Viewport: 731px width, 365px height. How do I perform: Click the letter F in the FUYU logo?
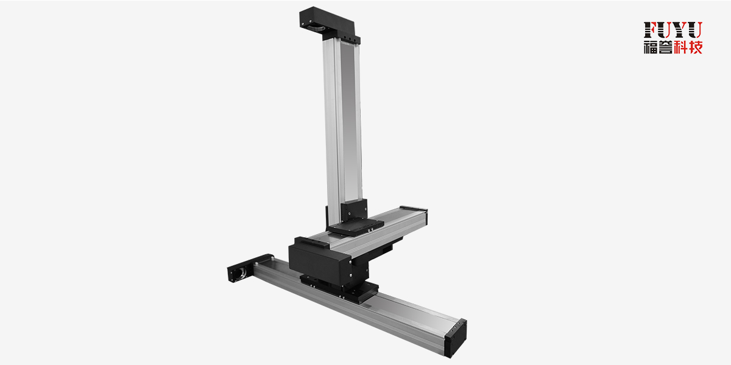pyautogui.click(x=650, y=30)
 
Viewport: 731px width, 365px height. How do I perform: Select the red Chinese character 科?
pyautogui.click(x=681, y=47)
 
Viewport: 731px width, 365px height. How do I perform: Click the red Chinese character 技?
pyautogui.click(x=696, y=47)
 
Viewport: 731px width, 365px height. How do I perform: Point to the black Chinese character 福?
pyautogui.click(x=651, y=47)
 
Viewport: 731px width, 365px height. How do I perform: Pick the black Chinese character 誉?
pyautogui.click(x=666, y=47)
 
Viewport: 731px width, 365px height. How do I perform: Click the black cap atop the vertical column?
pyautogui.click(x=330, y=24)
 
